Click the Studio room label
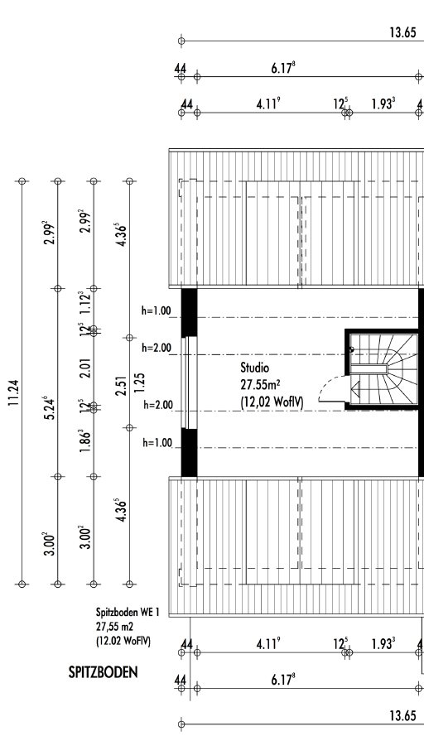(x=255, y=367)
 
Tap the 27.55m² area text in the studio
(x=260, y=384)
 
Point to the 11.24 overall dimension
(x=15, y=392)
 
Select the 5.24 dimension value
(x=51, y=408)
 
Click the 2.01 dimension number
(x=86, y=368)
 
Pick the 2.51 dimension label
(x=122, y=385)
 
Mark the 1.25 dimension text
(x=139, y=383)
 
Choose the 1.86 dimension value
(x=86, y=440)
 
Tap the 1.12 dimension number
(x=86, y=303)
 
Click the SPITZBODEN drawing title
(x=104, y=672)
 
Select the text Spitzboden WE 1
(x=128, y=612)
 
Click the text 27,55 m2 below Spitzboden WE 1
(x=115, y=627)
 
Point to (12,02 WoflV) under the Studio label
(x=272, y=402)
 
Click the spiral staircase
(x=383, y=369)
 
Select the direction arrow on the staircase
(x=355, y=388)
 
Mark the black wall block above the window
(x=189, y=313)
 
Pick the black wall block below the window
(x=189, y=453)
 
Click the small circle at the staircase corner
(x=352, y=349)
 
